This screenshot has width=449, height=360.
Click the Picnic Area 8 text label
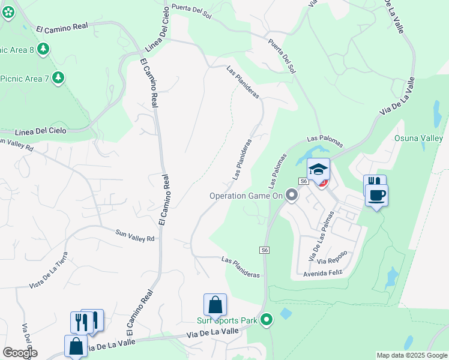pyautogui.click(x=17, y=49)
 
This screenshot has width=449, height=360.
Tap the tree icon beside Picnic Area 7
pyautogui.click(x=58, y=77)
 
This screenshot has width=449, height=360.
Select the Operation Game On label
pyautogui.click(x=245, y=196)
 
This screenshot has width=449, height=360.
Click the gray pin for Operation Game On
pyautogui.click(x=292, y=195)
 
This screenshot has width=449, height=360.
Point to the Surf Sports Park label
pyautogui.click(x=227, y=320)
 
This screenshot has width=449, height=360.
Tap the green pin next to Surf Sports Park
pyautogui.click(x=267, y=320)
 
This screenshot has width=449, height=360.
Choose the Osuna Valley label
pyautogui.click(x=418, y=138)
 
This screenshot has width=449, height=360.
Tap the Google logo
pyautogui.click(x=20, y=352)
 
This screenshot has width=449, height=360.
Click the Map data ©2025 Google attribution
pyautogui.click(x=411, y=355)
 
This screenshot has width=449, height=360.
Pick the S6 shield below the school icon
pyautogui.click(x=304, y=181)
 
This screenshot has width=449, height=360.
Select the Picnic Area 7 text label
pyautogui.click(x=24, y=78)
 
